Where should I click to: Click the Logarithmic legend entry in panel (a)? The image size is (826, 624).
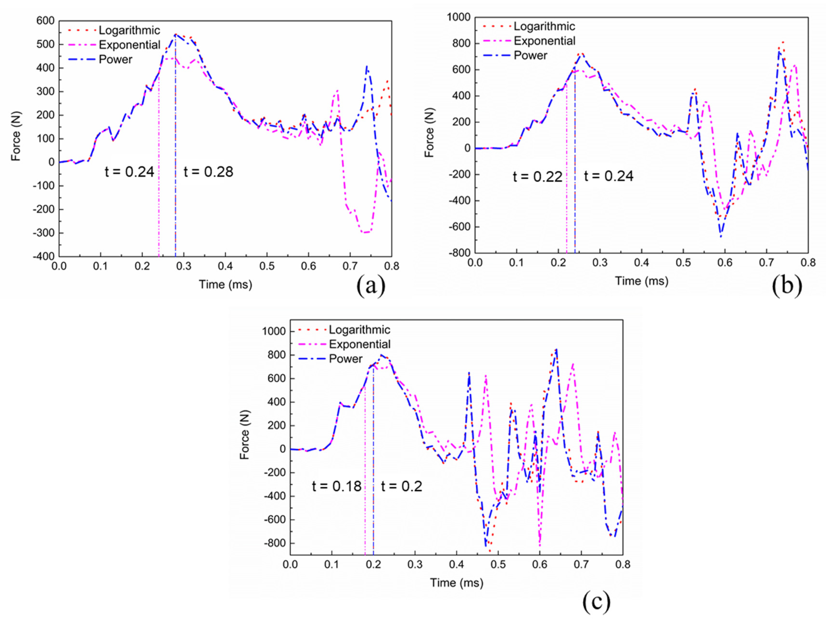point(129,30)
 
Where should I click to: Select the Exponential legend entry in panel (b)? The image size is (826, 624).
point(544,41)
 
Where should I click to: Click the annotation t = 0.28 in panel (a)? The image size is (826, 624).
point(208,172)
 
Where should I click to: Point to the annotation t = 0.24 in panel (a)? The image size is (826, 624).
point(129,172)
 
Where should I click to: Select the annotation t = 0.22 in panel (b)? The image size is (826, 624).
point(537,176)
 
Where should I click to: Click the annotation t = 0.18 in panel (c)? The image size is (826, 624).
point(337,486)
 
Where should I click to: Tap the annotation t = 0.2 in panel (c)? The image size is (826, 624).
point(401,486)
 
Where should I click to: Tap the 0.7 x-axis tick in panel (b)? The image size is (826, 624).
point(766,263)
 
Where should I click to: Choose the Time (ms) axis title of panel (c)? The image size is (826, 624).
point(456,583)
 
